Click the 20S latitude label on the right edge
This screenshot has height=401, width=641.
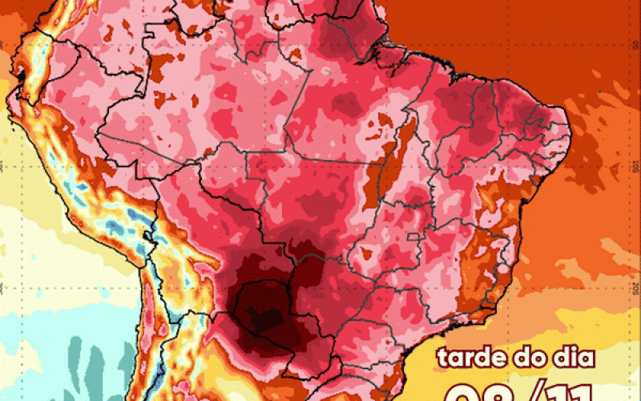635,287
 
